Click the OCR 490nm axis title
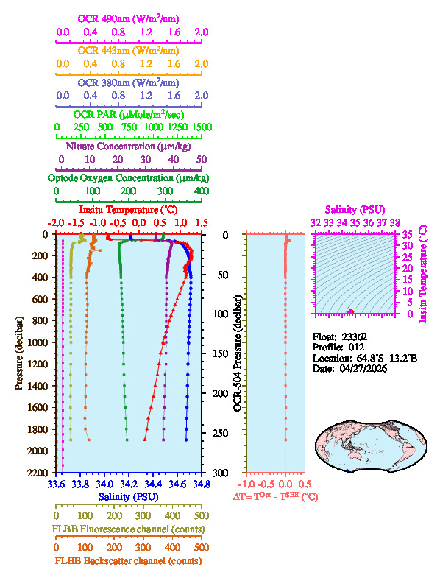129,18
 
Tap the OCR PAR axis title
129,114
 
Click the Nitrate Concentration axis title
129,146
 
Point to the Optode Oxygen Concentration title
129,178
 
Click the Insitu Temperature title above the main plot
129,210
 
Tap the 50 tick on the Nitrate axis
202,159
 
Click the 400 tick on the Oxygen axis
200,191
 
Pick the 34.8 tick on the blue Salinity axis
200,484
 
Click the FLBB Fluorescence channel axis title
129,529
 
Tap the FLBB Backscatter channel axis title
129,560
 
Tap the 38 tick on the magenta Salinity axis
395,222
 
